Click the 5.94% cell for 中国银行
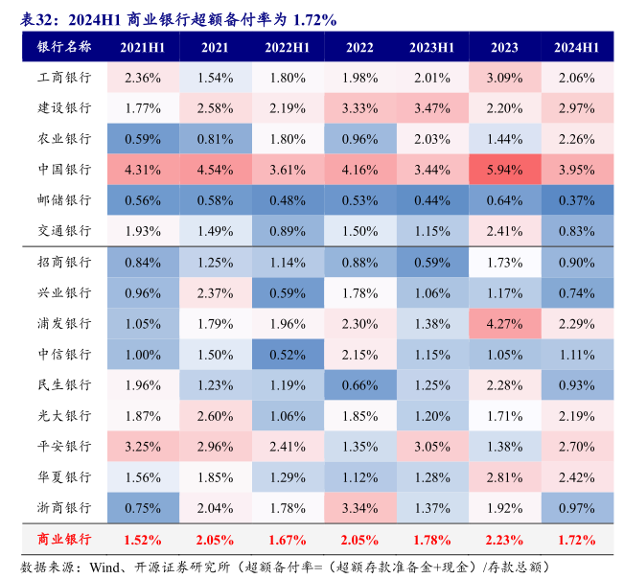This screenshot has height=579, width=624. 504,170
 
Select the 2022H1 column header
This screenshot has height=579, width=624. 288,47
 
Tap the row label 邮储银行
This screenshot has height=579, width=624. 64,200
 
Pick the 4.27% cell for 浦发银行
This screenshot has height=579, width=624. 504,323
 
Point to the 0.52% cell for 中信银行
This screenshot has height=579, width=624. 288,354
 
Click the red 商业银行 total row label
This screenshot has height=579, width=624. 64,539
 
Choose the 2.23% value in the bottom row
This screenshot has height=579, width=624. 504,539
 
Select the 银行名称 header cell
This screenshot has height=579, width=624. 64,47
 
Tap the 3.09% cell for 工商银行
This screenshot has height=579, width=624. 504,78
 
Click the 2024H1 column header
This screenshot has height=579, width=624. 577,47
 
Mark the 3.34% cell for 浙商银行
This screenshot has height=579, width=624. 359,507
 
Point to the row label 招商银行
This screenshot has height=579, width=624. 64,262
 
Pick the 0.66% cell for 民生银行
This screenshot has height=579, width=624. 359,384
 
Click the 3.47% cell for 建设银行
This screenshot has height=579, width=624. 432,108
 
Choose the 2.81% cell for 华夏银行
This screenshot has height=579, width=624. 504,476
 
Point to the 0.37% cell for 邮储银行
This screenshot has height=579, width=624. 577,200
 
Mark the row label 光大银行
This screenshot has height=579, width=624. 64,415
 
